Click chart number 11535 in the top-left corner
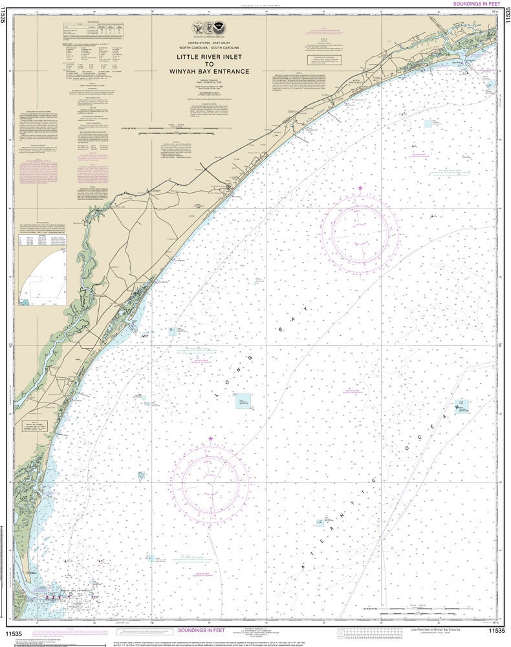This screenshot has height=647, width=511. coord(5,14)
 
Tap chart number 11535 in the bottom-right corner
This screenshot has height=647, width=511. coord(496,631)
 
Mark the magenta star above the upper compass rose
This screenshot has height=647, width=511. coord(360,188)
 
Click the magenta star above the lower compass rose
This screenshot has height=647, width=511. coord(210,439)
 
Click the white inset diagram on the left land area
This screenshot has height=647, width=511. coord(42,277)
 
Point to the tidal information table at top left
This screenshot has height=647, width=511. coord(94,30)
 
